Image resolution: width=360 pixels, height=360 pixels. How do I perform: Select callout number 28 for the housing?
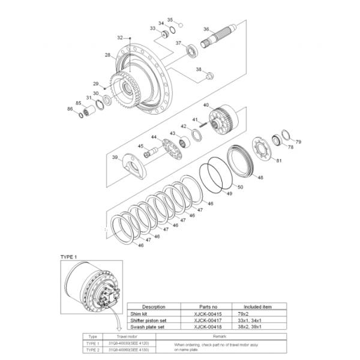point(107,55)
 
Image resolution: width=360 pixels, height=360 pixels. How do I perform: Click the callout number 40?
point(206,105)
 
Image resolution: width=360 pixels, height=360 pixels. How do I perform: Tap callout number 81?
point(278,160)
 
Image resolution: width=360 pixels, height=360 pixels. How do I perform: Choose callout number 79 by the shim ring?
point(299,142)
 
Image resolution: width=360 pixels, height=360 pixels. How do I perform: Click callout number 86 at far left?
point(70,109)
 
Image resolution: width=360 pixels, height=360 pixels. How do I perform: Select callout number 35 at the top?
point(170,19)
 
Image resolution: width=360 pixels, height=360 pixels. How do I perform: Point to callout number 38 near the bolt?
point(199,70)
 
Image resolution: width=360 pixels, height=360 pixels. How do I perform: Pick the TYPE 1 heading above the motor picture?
point(70,257)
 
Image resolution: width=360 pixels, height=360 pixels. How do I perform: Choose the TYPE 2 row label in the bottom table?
point(93,349)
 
